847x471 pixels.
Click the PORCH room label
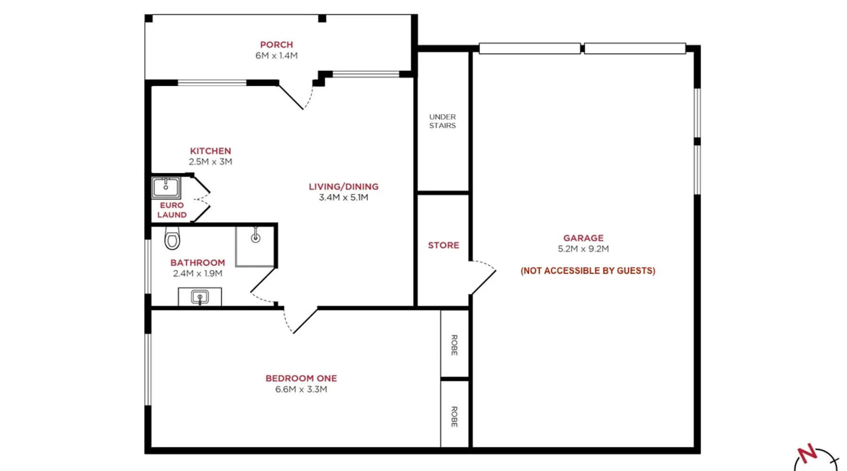(x=277, y=45)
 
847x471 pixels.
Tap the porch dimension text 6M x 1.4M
(x=277, y=56)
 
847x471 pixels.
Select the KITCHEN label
(x=210, y=151)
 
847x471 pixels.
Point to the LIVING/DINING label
(x=344, y=187)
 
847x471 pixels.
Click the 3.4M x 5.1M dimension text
(x=344, y=197)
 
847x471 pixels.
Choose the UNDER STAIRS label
(x=442, y=121)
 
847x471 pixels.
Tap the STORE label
(x=443, y=245)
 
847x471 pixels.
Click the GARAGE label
(x=583, y=238)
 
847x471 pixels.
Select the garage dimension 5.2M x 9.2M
(x=583, y=249)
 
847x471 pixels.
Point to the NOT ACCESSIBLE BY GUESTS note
(x=588, y=271)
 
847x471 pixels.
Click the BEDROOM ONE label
(x=301, y=378)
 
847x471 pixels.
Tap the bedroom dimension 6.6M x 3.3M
(x=301, y=390)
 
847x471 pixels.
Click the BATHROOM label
(x=198, y=263)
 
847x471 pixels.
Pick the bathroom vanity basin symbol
(x=200, y=297)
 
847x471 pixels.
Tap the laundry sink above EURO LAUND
(x=166, y=187)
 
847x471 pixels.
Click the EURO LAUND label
(x=172, y=210)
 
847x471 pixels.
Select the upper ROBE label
(x=454, y=345)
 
